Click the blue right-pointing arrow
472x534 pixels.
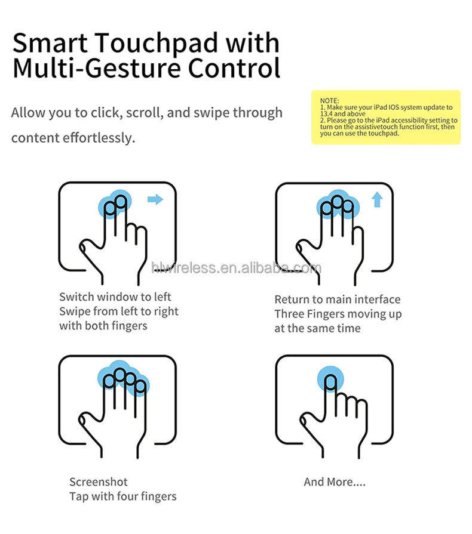155,200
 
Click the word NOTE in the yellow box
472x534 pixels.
329,101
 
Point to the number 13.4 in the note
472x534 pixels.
327,113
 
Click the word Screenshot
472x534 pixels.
99,482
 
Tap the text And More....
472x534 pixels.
335,482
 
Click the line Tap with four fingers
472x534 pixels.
123,496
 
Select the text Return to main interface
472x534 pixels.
338,300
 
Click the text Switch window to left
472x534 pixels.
115,297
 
